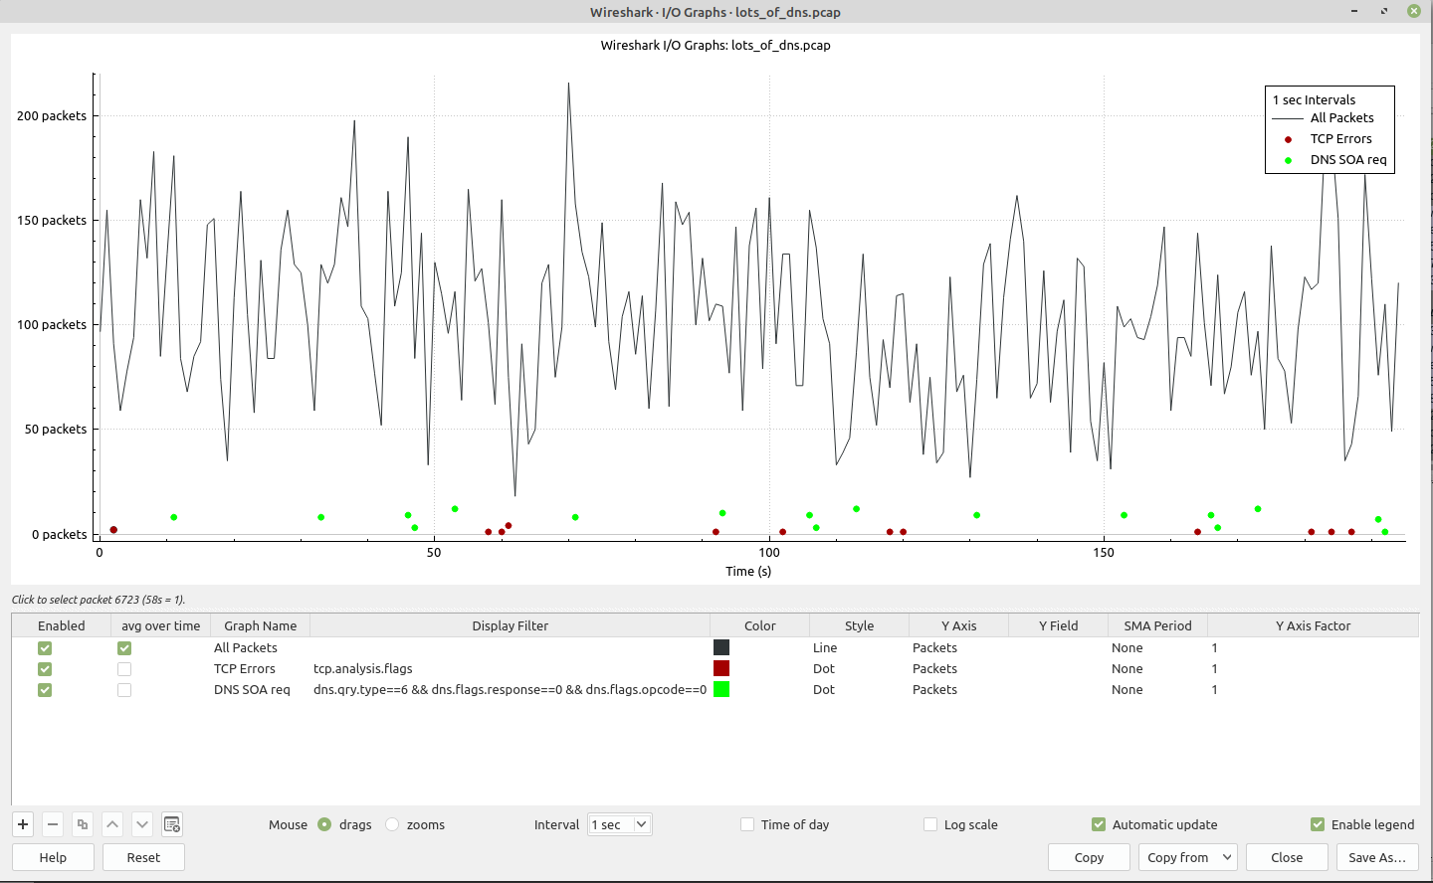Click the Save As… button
(x=1376, y=857)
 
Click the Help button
(x=53, y=857)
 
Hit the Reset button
(x=143, y=857)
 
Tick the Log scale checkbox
(x=930, y=824)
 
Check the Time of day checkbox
(x=747, y=824)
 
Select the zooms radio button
(x=393, y=824)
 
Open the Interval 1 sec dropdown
(x=619, y=824)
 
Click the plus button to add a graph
(x=23, y=824)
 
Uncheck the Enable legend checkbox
(x=1318, y=824)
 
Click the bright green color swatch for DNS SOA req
(x=721, y=689)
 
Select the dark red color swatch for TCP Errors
(x=721, y=668)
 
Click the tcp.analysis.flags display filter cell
(x=363, y=668)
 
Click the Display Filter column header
(x=510, y=625)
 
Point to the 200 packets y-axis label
(x=52, y=115)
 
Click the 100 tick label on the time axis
(x=769, y=553)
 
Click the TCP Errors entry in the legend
(x=1340, y=139)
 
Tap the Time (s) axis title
(x=748, y=571)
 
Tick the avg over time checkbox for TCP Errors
(x=124, y=669)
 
